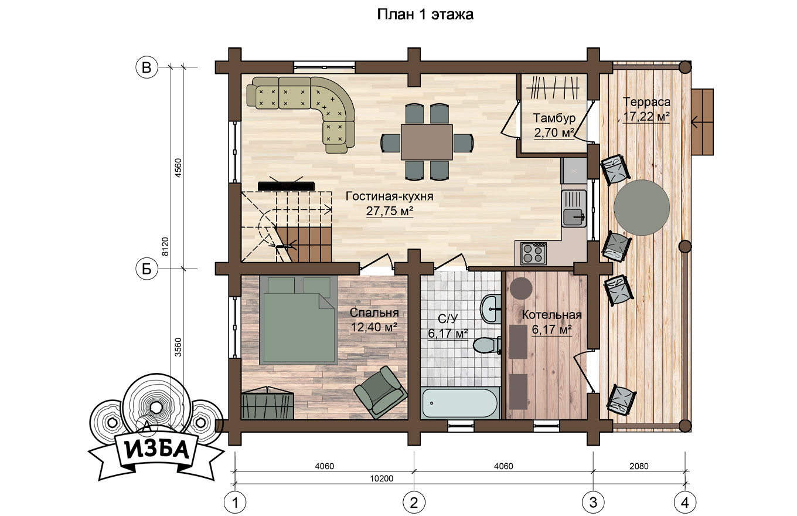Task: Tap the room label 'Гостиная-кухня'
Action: [390, 196]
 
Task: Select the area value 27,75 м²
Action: [390, 211]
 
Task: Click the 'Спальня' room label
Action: [374, 313]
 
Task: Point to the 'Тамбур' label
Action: [554, 118]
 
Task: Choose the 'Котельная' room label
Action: [552, 315]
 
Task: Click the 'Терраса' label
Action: [646, 102]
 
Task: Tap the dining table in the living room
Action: [427, 142]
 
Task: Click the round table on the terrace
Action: [642, 208]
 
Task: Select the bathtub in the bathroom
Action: [461, 403]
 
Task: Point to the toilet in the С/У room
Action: [487, 345]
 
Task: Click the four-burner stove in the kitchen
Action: [533, 253]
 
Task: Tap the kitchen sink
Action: [574, 208]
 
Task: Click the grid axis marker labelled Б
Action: [147, 269]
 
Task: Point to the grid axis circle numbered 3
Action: [593, 503]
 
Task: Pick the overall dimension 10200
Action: [382, 478]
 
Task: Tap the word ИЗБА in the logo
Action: [157, 449]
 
